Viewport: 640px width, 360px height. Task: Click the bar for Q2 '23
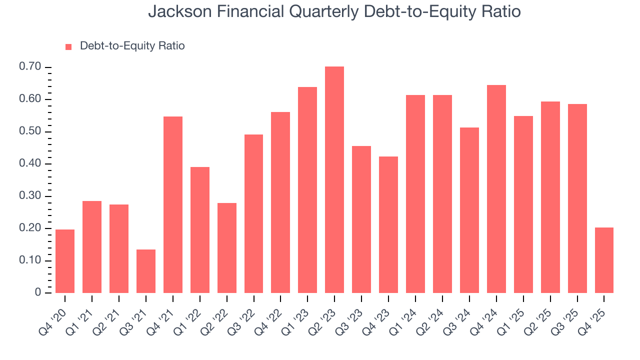point(334,180)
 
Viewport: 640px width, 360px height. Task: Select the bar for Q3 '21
point(145,271)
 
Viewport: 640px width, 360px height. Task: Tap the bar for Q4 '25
point(604,260)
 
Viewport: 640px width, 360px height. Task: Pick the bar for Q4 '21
point(172,204)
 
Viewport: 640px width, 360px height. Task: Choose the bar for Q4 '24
point(496,189)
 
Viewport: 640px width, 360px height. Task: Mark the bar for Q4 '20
point(65,261)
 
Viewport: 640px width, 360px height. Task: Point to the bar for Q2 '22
point(226,248)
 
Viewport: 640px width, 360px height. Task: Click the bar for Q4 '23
point(388,224)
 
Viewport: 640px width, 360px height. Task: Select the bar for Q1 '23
point(307,190)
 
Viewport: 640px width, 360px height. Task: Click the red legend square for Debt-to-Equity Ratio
point(69,46)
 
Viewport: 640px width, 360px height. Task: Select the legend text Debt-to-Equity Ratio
point(132,46)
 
